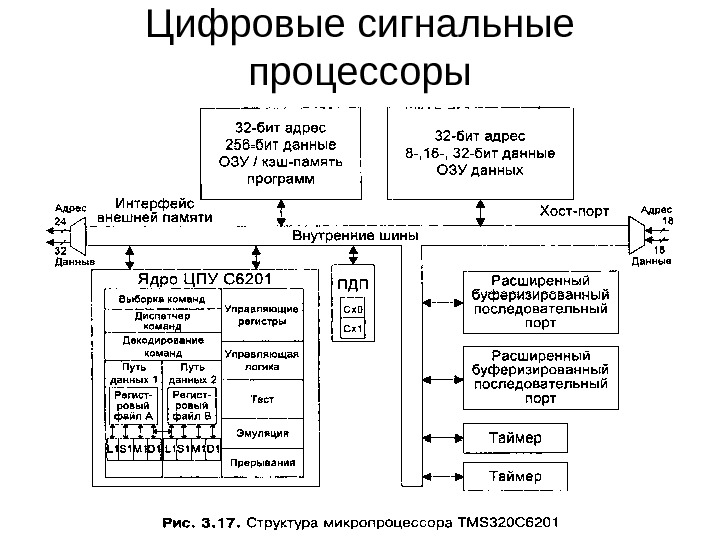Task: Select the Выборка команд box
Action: [x=163, y=299]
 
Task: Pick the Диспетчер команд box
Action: [x=163, y=319]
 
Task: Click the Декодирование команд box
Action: [x=163, y=345]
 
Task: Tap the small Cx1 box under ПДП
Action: [x=352, y=327]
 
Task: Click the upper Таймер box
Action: [x=515, y=438]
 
